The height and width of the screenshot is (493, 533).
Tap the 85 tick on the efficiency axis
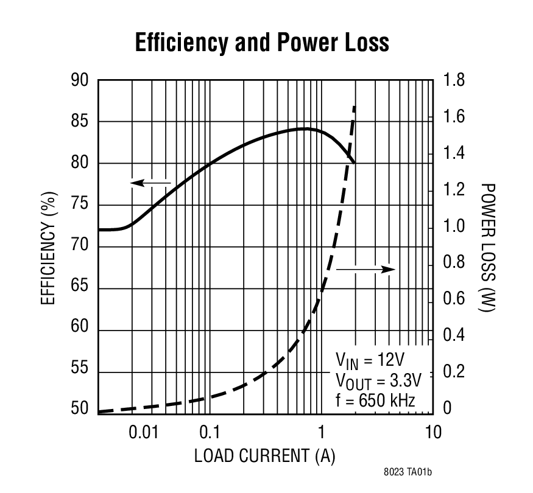pyautogui.click(x=80, y=122)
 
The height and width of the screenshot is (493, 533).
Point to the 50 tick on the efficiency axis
pyautogui.click(x=80, y=409)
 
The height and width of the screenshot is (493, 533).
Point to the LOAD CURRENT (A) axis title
pyautogui.click(x=265, y=456)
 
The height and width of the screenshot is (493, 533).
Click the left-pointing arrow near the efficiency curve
pyautogui.click(x=152, y=182)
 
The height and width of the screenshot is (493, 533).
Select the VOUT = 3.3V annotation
pyautogui.click(x=378, y=380)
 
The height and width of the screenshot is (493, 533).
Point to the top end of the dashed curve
pyautogui.click(x=355, y=107)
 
